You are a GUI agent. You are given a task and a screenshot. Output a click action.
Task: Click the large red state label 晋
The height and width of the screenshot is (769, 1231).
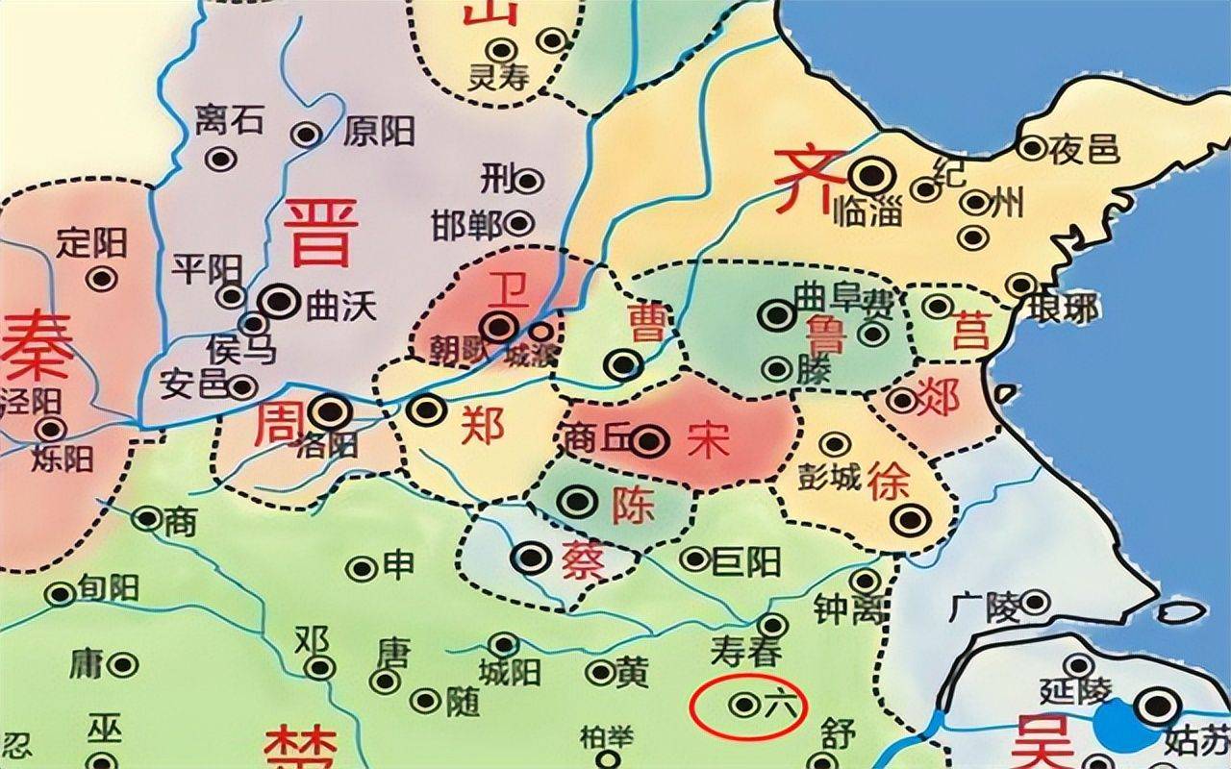coord(320,233)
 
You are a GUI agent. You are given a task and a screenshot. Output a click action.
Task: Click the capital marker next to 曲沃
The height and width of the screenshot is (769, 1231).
coord(279,302)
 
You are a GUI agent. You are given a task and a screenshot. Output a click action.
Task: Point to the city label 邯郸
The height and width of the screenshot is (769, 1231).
coord(467,224)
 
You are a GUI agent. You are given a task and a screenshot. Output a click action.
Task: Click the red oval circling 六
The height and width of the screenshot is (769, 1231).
coord(747,705)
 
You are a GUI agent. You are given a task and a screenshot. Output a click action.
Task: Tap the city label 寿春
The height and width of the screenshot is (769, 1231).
coord(747,653)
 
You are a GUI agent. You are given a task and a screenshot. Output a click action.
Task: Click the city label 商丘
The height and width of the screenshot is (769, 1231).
coord(595,438)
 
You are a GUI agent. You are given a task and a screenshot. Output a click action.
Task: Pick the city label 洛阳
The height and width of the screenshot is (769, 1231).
coord(329,444)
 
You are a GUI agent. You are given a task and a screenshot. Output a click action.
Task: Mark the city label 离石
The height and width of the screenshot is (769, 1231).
coord(228,121)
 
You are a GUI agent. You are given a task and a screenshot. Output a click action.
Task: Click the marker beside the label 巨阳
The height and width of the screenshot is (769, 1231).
coord(694,558)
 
